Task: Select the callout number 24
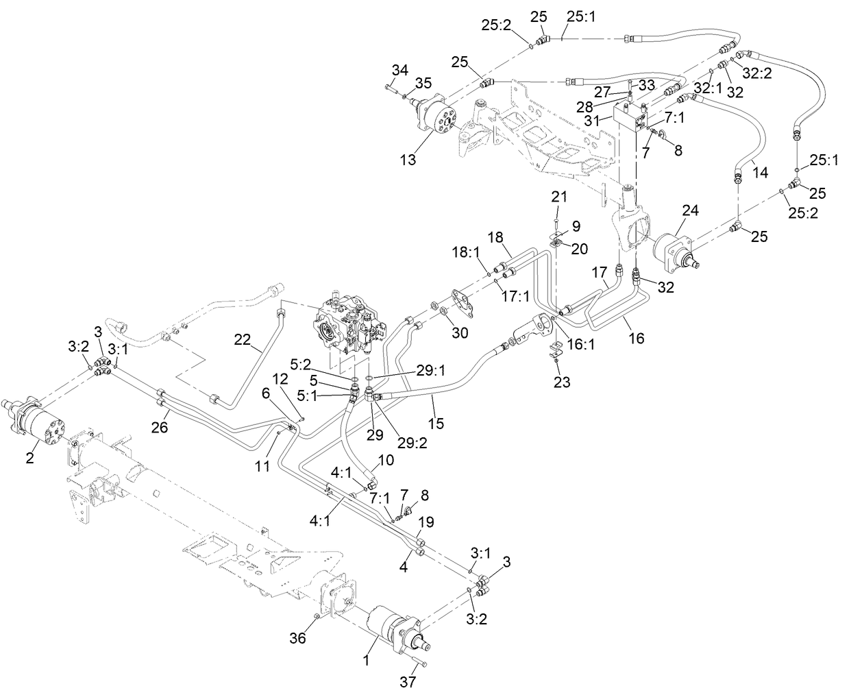point(689,211)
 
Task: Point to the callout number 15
point(436,424)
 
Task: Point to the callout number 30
point(460,334)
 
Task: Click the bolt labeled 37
point(419,663)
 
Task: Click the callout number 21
point(560,197)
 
